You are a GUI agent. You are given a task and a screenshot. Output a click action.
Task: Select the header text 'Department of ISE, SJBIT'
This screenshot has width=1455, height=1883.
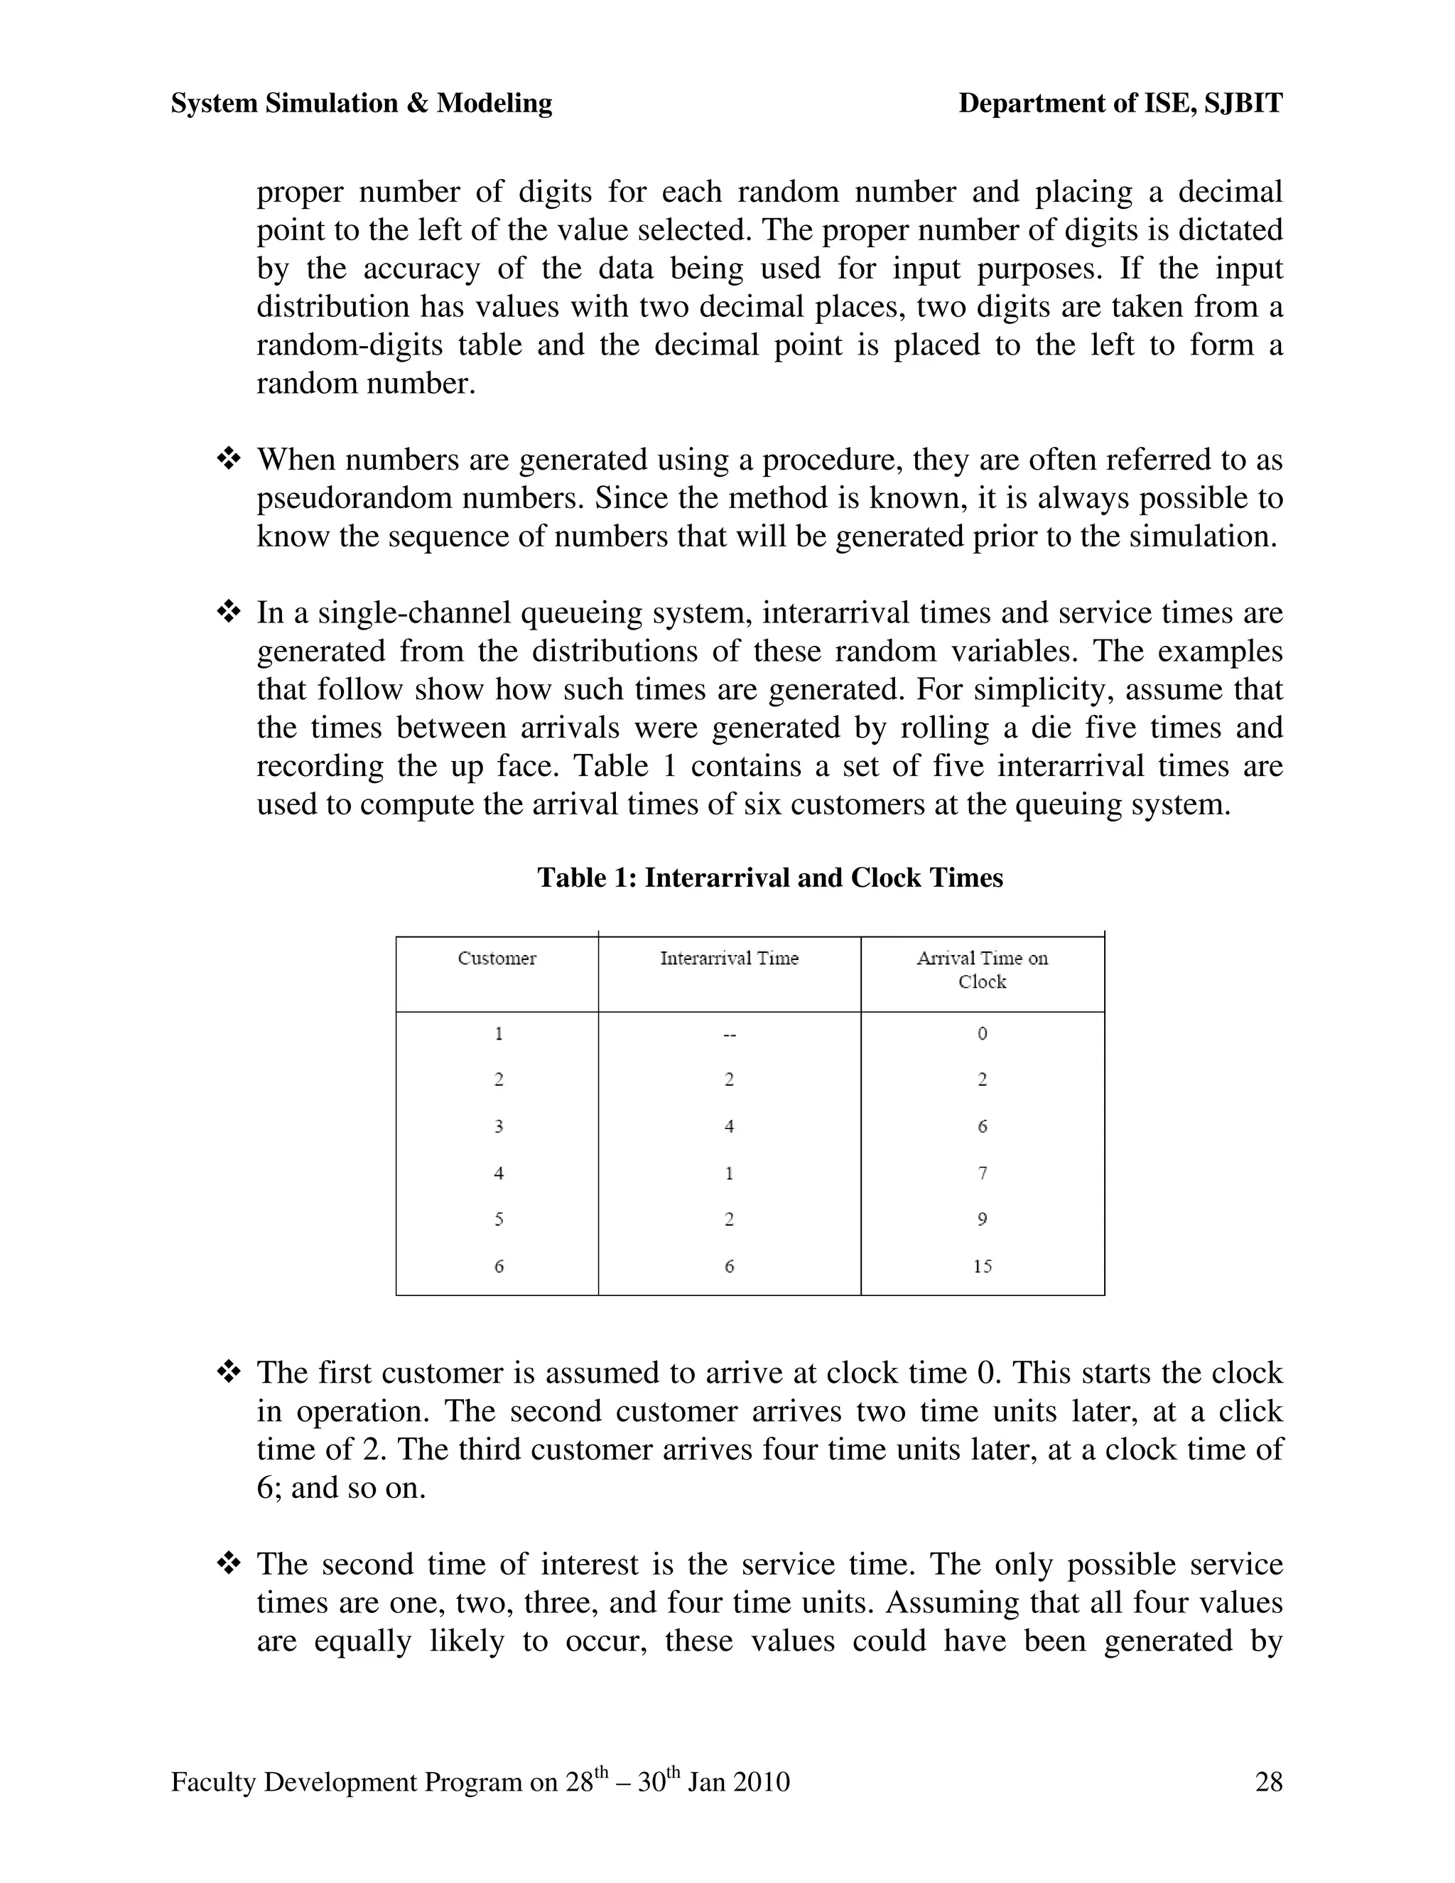[x=1120, y=104]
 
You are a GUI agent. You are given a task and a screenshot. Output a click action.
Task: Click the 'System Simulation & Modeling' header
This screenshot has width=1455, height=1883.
[x=361, y=104]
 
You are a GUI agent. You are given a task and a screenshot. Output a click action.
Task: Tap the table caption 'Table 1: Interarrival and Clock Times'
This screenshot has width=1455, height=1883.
[x=769, y=878]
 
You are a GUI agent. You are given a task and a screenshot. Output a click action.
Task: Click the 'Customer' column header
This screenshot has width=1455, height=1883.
[x=497, y=958]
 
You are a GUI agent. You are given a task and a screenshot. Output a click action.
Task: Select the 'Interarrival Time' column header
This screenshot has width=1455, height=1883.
[x=729, y=958]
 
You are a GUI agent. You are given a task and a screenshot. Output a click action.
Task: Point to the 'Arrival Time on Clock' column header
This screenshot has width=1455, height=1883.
[x=982, y=969]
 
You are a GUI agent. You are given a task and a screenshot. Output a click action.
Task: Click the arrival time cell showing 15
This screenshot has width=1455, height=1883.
[x=983, y=1266]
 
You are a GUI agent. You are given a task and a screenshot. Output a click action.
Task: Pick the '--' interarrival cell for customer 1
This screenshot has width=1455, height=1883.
[x=729, y=1035]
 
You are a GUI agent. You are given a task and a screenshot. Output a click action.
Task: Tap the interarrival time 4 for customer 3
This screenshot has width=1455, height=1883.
[x=729, y=1127]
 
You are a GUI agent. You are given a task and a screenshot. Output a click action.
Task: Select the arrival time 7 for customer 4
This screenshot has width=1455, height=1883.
[x=983, y=1173]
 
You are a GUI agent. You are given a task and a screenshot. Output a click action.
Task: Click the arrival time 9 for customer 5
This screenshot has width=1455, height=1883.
[x=983, y=1220]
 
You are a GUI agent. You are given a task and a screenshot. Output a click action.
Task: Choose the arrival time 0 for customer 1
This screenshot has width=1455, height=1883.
[x=983, y=1034]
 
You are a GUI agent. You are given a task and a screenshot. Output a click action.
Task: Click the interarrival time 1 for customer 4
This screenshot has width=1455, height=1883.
[x=729, y=1173]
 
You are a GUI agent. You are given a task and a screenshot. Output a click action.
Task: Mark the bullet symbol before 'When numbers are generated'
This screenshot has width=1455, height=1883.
[x=229, y=460]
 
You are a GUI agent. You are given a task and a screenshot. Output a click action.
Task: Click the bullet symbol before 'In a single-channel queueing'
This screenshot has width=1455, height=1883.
[x=229, y=613]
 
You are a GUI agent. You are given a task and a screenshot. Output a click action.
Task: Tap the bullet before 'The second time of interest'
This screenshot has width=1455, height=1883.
[x=229, y=1564]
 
